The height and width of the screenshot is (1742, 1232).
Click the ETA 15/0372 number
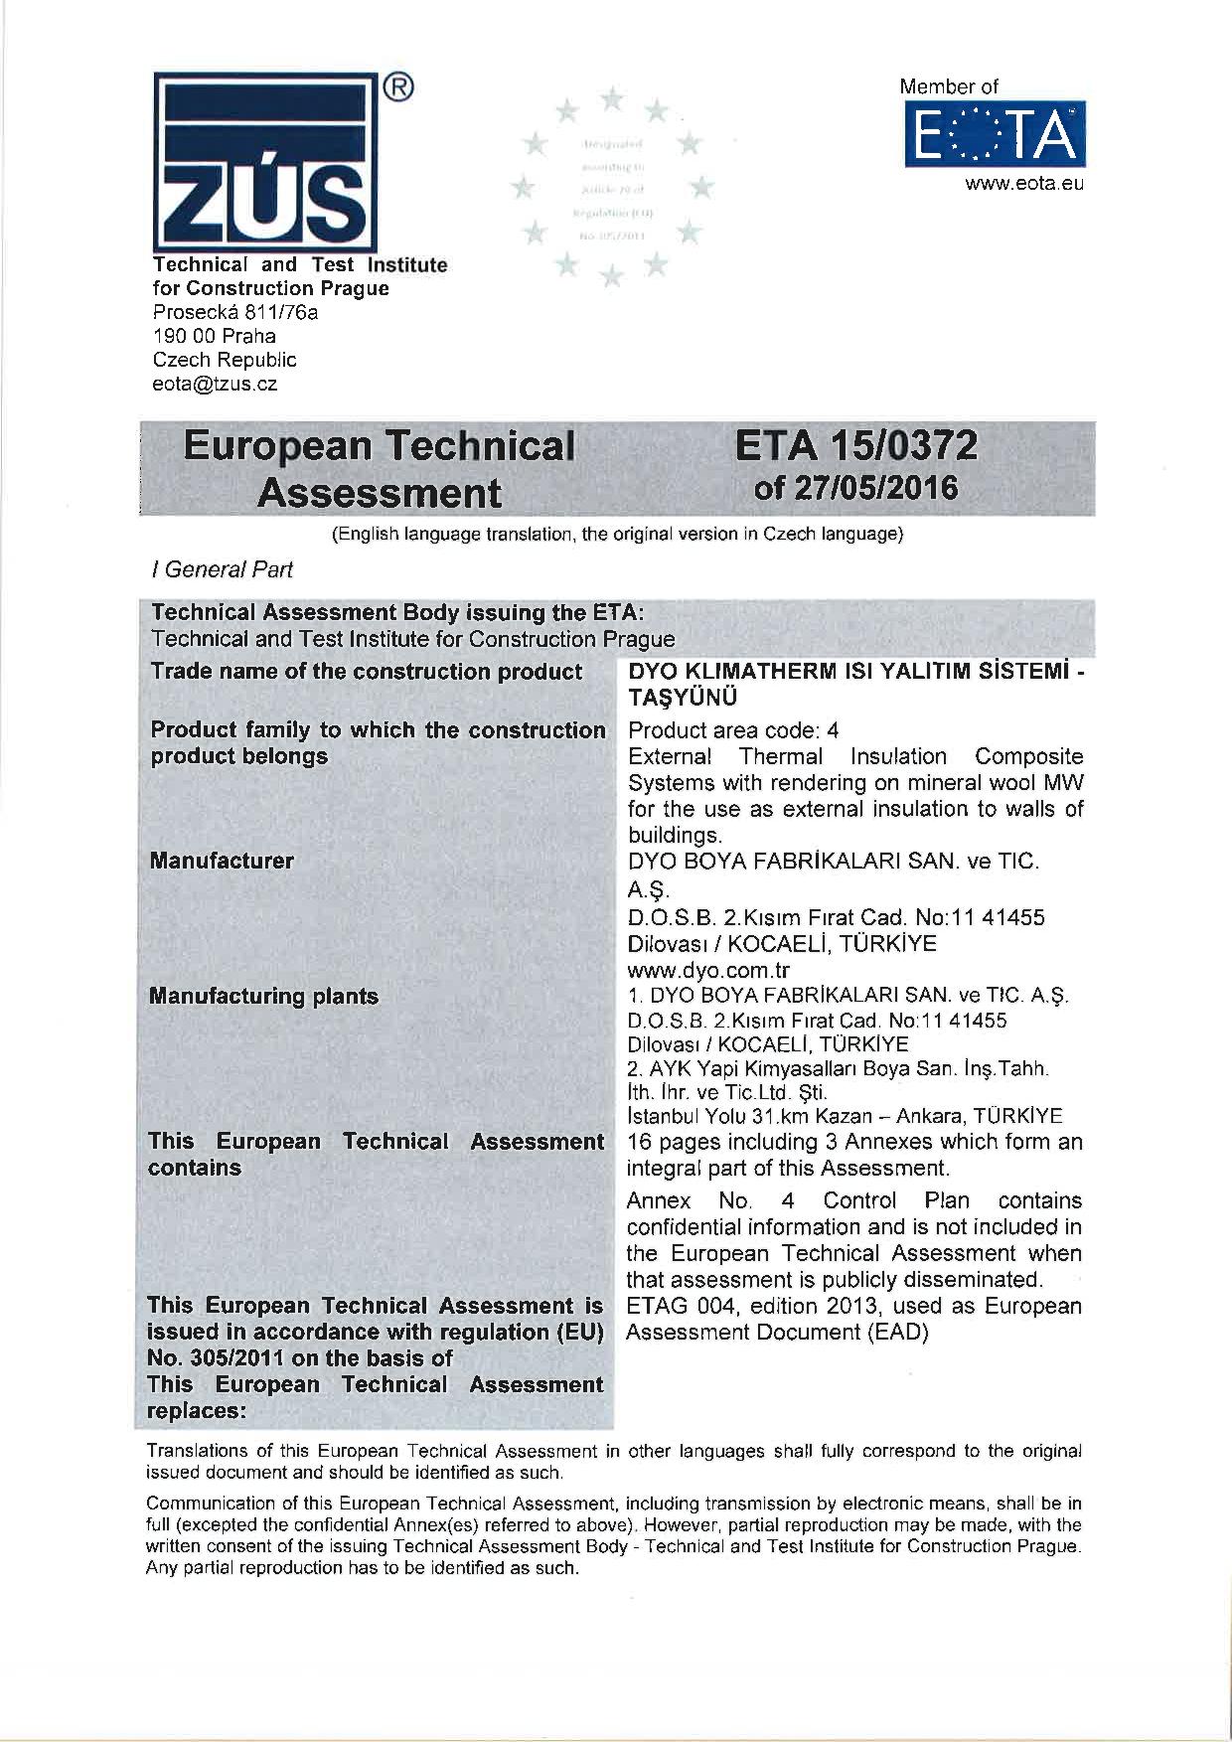click(x=855, y=447)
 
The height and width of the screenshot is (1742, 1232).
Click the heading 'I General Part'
click(x=222, y=569)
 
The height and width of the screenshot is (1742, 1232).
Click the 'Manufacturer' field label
click(x=222, y=861)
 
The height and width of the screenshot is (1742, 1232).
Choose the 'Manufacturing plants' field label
click(x=263, y=996)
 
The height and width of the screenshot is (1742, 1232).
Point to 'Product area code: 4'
click(x=734, y=730)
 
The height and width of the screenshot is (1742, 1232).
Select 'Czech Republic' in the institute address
click(x=224, y=360)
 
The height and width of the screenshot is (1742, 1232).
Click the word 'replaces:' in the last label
click(x=195, y=1410)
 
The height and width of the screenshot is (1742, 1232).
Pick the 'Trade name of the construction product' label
click(x=366, y=672)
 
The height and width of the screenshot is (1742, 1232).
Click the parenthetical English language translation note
click(x=616, y=535)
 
